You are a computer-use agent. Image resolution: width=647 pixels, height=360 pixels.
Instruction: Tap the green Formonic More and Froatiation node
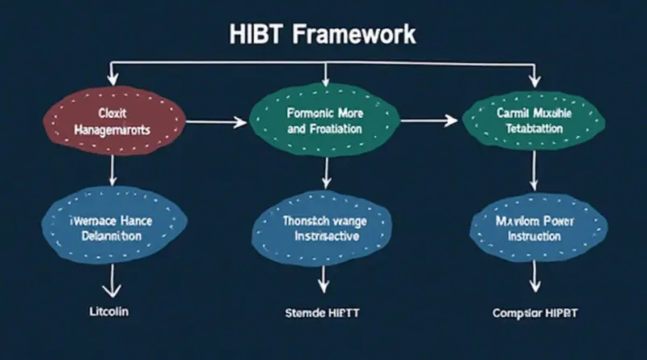point(324,121)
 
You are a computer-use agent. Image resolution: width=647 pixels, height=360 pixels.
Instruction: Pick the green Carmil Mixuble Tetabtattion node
point(530,121)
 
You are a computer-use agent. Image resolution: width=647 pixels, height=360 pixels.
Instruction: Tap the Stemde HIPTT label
point(323,311)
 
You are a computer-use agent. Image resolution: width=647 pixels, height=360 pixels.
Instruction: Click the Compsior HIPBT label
point(534,311)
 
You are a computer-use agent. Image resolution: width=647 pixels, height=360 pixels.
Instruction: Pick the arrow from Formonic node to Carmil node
point(429,121)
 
